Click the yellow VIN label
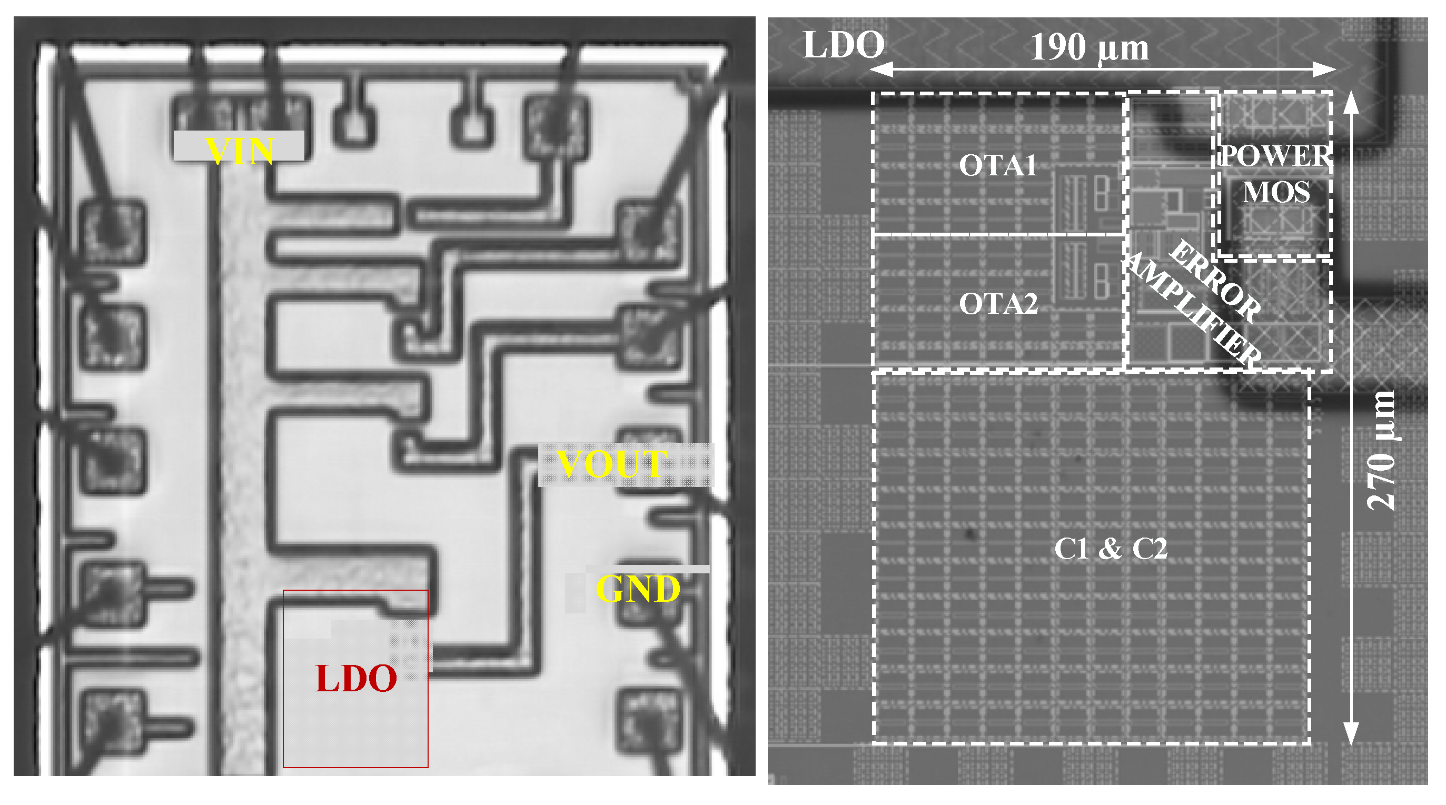[x=240, y=150]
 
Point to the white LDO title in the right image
[x=843, y=44]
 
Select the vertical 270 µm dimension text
[x=1380, y=450]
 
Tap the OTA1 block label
[x=997, y=166]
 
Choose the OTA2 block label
[x=998, y=304]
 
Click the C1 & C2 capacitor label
[x=1111, y=549]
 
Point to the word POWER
[x=1275, y=155]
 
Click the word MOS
[x=1275, y=192]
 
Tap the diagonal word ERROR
[x=1215, y=281]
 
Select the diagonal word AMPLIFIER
[x=1193, y=308]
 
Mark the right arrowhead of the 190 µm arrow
[x=1328, y=69]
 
